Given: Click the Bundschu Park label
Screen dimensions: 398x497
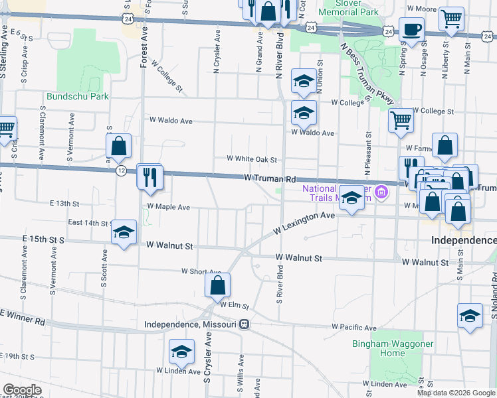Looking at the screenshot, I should (x=77, y=96).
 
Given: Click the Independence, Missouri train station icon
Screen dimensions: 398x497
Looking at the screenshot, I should (x=245, y=324).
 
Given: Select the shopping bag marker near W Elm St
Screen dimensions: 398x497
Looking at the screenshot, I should (x=217, y=286).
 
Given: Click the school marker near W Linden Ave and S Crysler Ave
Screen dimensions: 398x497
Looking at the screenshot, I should (x=181, y=353).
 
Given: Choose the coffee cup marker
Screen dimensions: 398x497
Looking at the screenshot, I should (x=411, y=30).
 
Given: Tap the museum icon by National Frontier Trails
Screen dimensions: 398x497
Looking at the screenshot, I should (x=381, y=193).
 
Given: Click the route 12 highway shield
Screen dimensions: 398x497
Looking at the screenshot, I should (x=120, y=170).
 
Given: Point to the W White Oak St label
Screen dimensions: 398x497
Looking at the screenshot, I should (x=251, y=159).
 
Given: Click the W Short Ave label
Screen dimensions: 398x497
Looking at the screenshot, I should (x=201, y=271).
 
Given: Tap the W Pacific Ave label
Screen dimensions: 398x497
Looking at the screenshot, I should (x=354, y=328).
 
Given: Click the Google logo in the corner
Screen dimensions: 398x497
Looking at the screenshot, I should (x=22, y=390).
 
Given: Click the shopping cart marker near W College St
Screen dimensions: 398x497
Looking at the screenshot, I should (x=401, y=121).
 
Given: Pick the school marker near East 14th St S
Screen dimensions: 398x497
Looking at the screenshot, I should (x=124, y=233).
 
